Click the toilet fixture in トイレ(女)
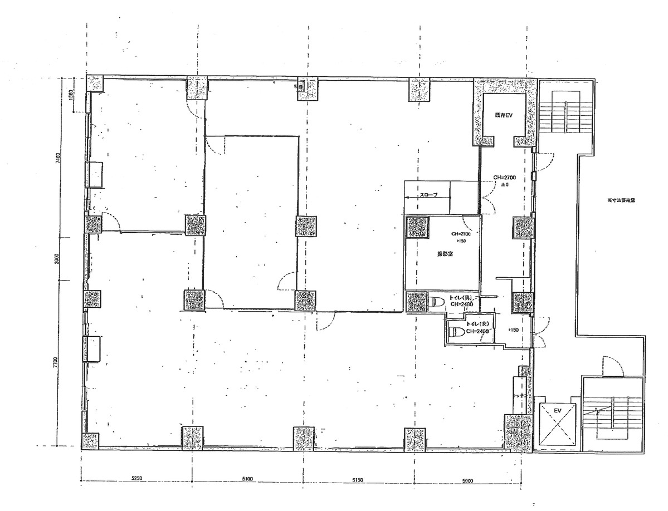pyautogui.click(x=457, y=332)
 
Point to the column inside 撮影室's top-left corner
pyautogui.click(x=419, y=227)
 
